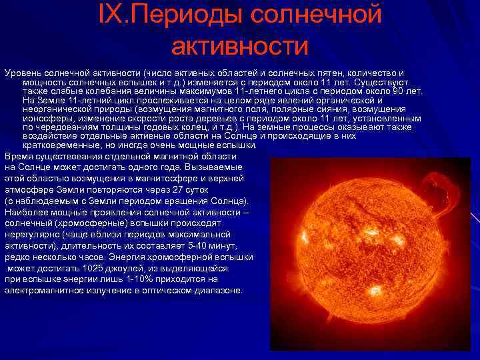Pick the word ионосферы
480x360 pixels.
coord(47,118)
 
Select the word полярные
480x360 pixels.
coord(291,109)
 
